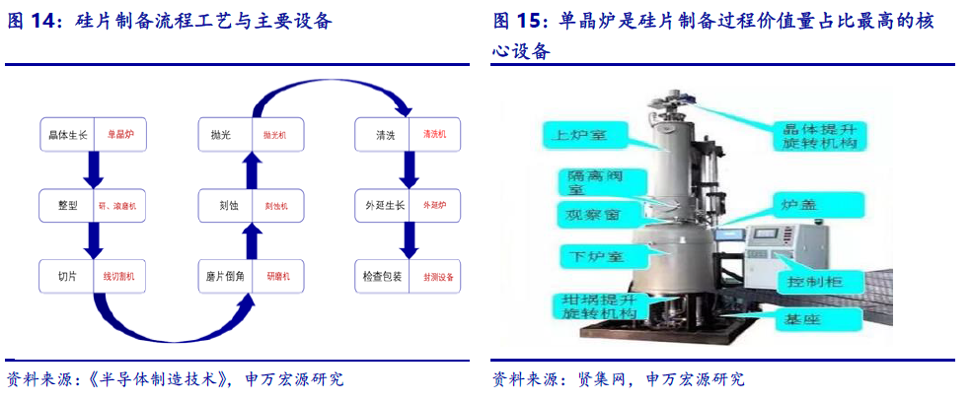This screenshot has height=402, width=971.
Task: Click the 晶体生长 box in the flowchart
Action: point(68,134)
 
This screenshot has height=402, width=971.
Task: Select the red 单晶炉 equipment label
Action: point(120,134)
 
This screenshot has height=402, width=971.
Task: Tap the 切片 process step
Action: point(66,277)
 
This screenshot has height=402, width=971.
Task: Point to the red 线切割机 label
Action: point(120,277)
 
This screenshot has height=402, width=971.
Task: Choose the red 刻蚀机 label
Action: point(277,206)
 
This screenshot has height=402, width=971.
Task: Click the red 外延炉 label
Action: point(435,206)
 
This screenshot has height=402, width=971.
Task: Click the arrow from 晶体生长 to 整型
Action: point(94,169)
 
